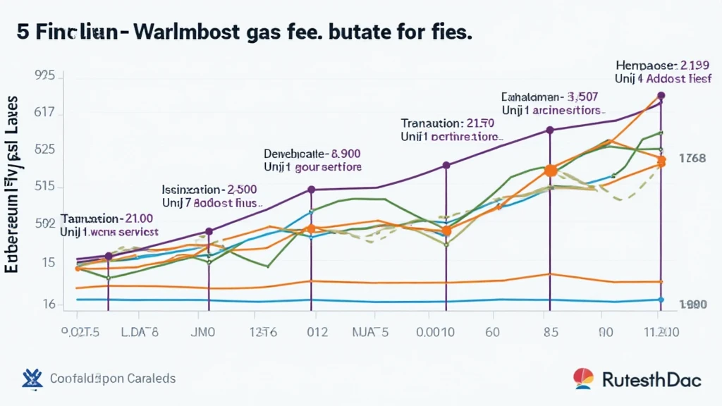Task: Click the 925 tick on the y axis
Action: coord(44,75)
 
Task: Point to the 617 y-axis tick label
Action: coord(44,113)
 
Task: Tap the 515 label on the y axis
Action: coord(44,187)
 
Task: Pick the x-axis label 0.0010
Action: coord(434,332)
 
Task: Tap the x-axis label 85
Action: coord(549,332)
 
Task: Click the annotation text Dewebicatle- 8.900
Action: coord(312,153)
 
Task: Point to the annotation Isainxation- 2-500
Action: coord(209,189)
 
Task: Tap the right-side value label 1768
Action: coord(692,159)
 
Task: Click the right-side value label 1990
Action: coord(692,304)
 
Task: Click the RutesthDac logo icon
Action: coord(583,379)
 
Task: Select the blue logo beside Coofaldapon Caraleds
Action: coord(32,379)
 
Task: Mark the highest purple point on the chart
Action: coord(661,95)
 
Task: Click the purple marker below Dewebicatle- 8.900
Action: coord(311,190)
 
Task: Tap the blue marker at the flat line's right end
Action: coord(661,300)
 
